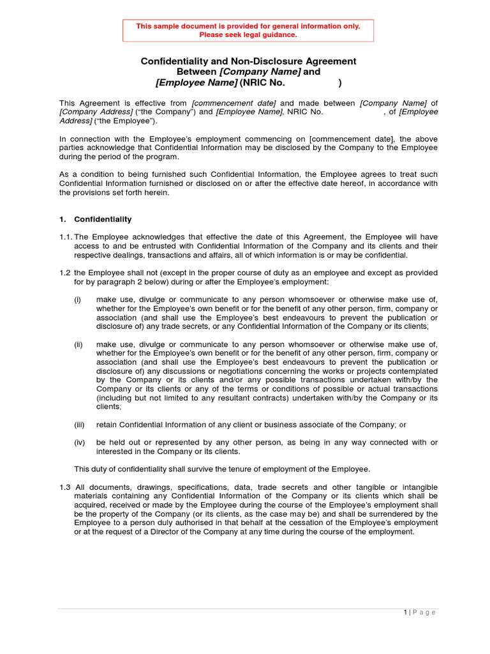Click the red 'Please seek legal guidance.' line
pyautogui.click(x=248, y=34)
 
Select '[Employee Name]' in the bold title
pyautogui.click(x=197, y=82)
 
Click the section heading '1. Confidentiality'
pyautogui.click(x=96, y=219)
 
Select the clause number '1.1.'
pyautogui.click(x=66, y=237)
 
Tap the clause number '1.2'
pyautogui.click(x=66, y=273)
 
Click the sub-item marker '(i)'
pyautogui.click(x=77, y=300)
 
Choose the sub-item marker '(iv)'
pyautogui.click(x=79, y=442)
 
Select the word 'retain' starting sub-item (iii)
pyautogui.click(x=107, y=424)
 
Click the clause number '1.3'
pyautogui.click(x=66, y=487)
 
